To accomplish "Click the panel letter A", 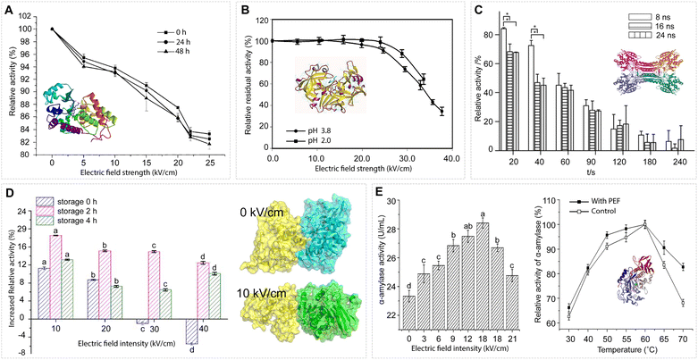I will point(8,11).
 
